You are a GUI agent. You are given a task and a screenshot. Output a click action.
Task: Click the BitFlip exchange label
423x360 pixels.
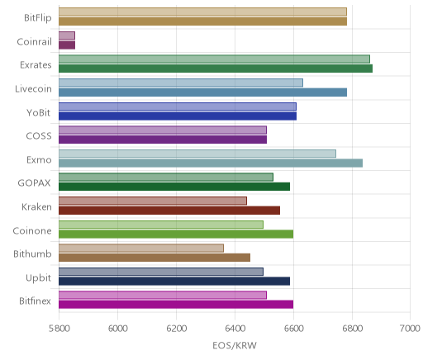(38, 18)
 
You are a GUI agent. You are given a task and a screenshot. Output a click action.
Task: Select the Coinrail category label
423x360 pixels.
(34, 42)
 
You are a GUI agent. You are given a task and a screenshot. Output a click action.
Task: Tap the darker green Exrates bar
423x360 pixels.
(216, 69)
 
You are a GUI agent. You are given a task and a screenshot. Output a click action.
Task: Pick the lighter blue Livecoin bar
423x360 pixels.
(181, 83)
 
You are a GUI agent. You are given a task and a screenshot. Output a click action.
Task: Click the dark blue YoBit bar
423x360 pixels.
(178, 116)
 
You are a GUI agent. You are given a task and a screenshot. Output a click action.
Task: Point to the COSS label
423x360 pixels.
(39, 136)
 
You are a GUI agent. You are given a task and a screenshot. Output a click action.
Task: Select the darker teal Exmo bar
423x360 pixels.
(211, 163)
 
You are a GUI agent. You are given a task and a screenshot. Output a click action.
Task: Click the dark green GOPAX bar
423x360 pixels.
(174, 187)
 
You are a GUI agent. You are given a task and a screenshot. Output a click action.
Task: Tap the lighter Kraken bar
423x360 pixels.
(153, 201)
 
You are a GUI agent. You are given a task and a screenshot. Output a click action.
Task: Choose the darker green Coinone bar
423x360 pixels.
(176, 234)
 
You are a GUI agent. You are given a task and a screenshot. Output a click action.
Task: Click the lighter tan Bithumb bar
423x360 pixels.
(141, 249)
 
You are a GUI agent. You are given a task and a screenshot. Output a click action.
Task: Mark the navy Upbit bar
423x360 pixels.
(174, 282)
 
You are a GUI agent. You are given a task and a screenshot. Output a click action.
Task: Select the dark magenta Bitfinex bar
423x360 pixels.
(176, 305)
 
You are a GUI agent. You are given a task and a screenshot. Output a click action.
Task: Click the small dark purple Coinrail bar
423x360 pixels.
(67, 45)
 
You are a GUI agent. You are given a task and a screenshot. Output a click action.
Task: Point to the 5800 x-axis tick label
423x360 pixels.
(59, 329)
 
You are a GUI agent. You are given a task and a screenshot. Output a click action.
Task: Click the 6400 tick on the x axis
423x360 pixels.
(235, 329)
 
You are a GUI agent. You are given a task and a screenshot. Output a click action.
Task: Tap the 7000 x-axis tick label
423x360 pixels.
(411, 329)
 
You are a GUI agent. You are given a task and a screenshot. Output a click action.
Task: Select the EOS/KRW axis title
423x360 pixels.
(235, 345)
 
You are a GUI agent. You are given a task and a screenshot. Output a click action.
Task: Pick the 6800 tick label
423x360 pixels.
(352, 329)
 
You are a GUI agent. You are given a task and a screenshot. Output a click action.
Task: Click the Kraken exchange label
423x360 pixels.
(36, 207)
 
